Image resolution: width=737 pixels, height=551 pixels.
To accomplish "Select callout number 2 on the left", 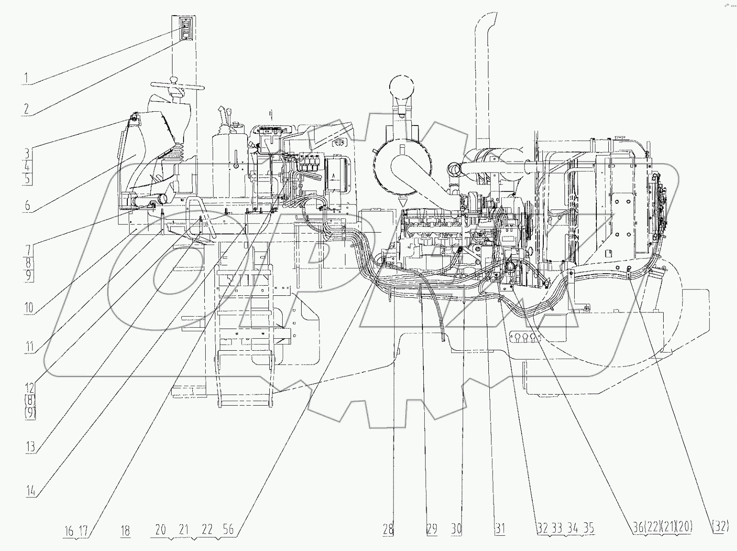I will pyautogui.click(x=26, y=109).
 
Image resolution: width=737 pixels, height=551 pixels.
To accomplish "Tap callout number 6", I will pyautogui.click(x=27, y=205).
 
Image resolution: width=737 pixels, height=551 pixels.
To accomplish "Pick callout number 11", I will pyautogui.click(x=29, y=346).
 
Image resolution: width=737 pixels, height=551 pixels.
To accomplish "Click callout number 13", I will pyautogui.click(x=30, y=446).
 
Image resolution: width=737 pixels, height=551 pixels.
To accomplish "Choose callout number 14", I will pyautogui.click(x=30, y=491).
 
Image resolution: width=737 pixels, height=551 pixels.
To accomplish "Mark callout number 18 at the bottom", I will pyautogui.click(x=125, y=531).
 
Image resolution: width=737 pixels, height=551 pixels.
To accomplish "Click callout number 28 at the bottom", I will pyautogui.click(x=388, y=530).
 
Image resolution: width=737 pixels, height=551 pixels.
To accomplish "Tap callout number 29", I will pyautogui.click(x=432, y=530).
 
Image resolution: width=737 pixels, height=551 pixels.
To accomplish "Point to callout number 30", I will pyautogui.click(x=456, y=530).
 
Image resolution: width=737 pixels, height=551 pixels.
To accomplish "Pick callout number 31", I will pyautogui.click(x=499, y=530).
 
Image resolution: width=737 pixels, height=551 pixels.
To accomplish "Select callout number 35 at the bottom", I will pyautogui.click(x=588, y=528).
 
